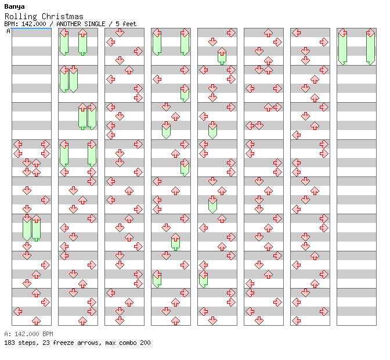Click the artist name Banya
(x=15, y=7)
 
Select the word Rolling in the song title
(x=21, y=17)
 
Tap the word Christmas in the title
(x=63, y=16)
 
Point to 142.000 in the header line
(x=34, y=24)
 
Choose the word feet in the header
(x=129, y=24)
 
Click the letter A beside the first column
(x=8, y=31)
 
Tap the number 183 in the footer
(x=9, y=343)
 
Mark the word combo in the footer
(x=128, y=343)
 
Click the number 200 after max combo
(x=145, y=343)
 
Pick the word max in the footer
(x=110, y=343)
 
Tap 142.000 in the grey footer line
(x=27, y=334)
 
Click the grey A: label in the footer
(x=8, y=334)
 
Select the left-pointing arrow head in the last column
(x=343, y=33)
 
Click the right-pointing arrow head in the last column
(x=371, y=33)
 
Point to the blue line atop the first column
(x=31, y=28)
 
